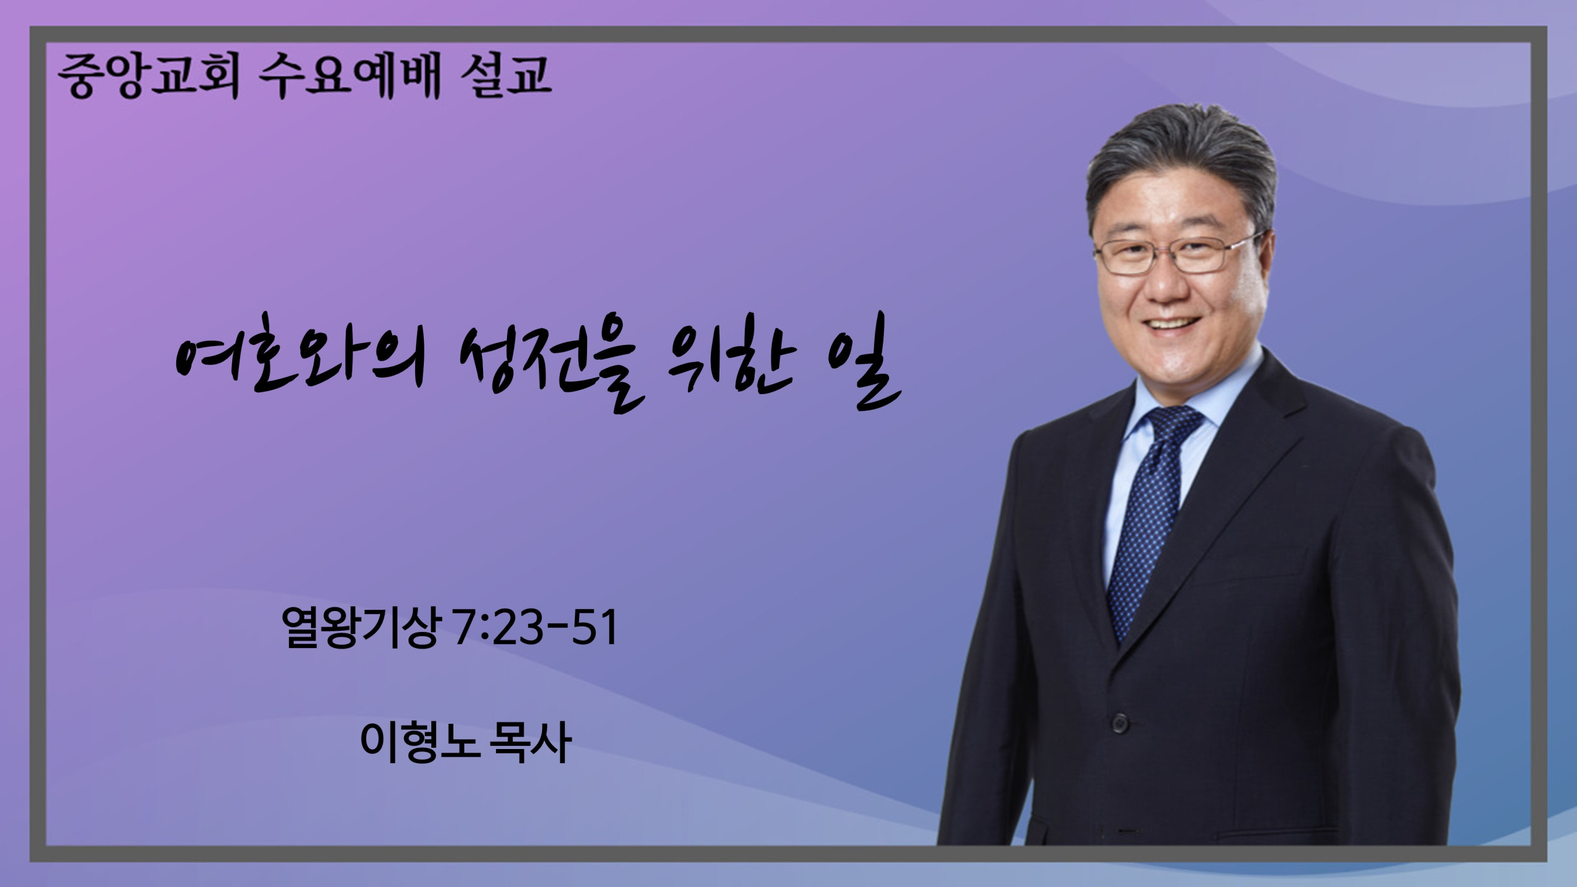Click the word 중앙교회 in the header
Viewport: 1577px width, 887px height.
tap(148, 77)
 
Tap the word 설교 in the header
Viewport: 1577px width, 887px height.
tap(505, 77)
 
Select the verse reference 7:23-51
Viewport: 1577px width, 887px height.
tap(534, 626)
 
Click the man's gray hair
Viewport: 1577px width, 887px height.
tap(1180, 160)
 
